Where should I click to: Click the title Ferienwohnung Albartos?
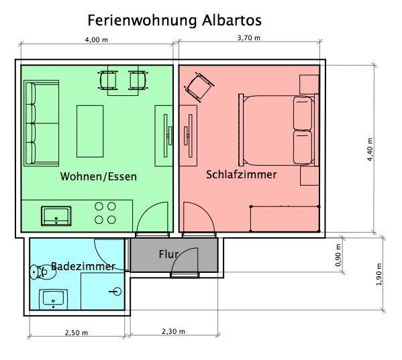(174, 20)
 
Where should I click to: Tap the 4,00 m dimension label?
(97, 40)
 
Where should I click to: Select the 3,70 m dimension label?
(249, 38)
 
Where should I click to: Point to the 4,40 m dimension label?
(370, 149)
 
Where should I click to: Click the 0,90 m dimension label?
(338, 255)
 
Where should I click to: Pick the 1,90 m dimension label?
(379, 274)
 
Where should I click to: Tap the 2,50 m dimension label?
(76, 333)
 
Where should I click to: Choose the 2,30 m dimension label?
(173, 332)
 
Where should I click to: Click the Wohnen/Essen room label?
(99, 177)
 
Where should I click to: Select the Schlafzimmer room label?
(242, 174)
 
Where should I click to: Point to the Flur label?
(168, 254)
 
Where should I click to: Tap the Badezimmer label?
(83, 266)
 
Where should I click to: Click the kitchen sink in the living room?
(56, 216)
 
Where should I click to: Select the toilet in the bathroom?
(43, 272)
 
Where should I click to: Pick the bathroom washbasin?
(53, 299)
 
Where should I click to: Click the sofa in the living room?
(42, 123)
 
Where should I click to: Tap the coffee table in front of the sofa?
(90, 131)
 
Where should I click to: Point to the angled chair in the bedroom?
(200, 87)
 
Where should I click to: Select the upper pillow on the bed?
(303, 113)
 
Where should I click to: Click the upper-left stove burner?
(99, 206)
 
